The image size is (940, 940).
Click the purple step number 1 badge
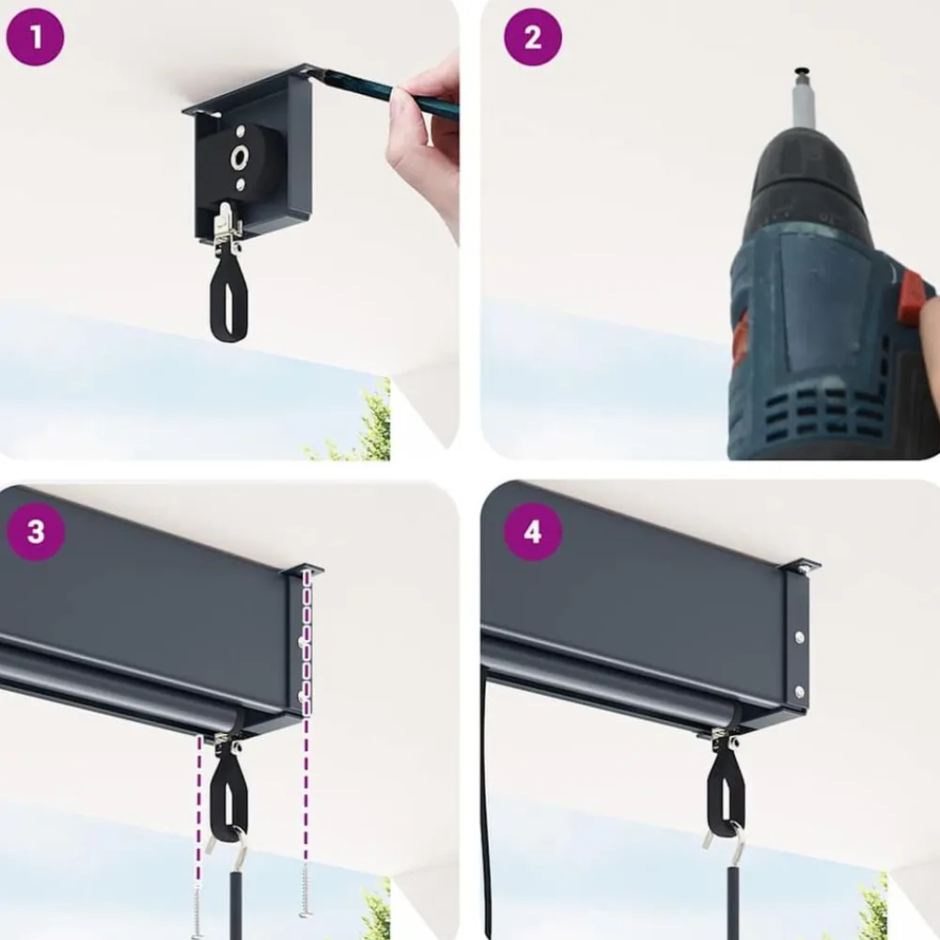pyautogui.click(x=35, y=37)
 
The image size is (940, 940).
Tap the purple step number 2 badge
pyautogui.click(x=532, y=37)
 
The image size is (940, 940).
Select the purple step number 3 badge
pyautogui.click(x=36, y=531)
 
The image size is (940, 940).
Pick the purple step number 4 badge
pyautogui.click(x=532, y=531)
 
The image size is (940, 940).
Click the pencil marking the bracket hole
pyautogui.click(x=384, y=91)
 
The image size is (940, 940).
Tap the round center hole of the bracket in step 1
pyautogui.click(x=240, y=158)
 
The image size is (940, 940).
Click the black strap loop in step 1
pyautogui.click(x=228, y=299)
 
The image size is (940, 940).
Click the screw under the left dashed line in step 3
pyautogui.click(x=198, y=911)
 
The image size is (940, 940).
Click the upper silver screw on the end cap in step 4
pyautogui.click(x=799, y=638)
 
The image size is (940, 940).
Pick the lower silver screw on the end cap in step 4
pyautogui.click(x=800, y=692)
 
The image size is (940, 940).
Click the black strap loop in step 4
pyautogui.click(x=727, y=791)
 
